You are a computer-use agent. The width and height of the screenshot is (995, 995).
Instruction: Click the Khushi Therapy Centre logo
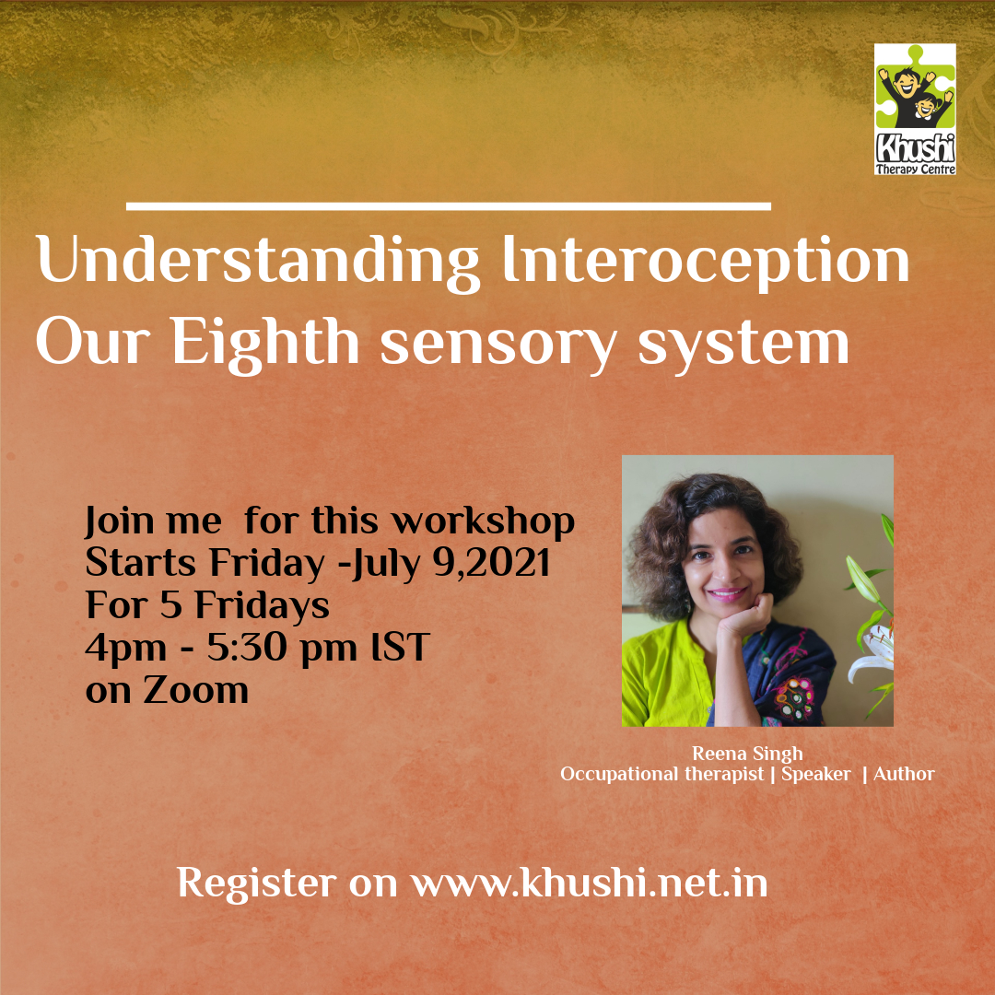915,109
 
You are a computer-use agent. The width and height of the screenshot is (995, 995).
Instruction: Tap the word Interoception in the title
707,263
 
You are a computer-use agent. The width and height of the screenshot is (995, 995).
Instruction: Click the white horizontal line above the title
449,206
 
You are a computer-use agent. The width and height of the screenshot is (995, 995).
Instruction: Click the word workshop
483,521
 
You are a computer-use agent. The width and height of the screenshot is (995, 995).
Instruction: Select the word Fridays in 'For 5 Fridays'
262,606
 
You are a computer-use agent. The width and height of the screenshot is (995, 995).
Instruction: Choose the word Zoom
195,690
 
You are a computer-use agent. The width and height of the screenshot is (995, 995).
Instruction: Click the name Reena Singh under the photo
747,754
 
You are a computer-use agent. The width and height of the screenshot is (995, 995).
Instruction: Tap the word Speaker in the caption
816,774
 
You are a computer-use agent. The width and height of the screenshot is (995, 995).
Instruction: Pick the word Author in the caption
904,774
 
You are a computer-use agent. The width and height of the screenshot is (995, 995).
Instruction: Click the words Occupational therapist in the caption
661,774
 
